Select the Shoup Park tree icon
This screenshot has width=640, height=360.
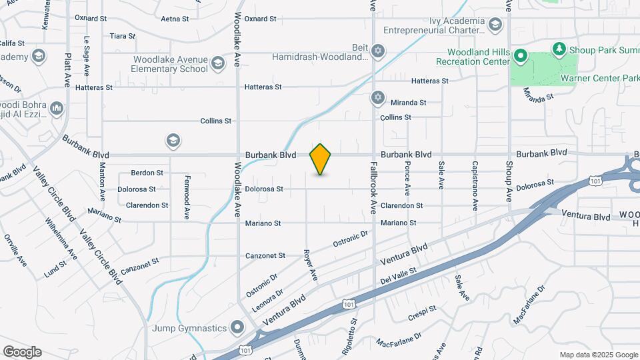[x=559, y=49]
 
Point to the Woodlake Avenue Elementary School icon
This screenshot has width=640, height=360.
[x=217, y=64]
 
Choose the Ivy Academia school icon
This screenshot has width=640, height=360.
[x=495, y=25]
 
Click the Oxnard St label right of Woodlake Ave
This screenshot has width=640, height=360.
[x=260, y=19]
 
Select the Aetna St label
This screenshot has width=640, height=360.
[x=176, y=19]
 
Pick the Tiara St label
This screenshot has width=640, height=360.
[x=123, y=35]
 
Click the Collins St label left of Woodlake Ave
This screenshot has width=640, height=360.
[x=216, y=121]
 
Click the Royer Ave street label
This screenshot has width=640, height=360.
[x=310, y=265]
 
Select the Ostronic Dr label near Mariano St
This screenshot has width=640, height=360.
[x=351, y=239]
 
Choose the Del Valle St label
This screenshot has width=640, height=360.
[x=398, y=275]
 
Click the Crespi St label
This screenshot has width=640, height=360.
[x=423, y=311]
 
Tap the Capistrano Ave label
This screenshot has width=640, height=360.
[x=475, y=176]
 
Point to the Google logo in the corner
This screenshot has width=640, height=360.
[x=22, y=352]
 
